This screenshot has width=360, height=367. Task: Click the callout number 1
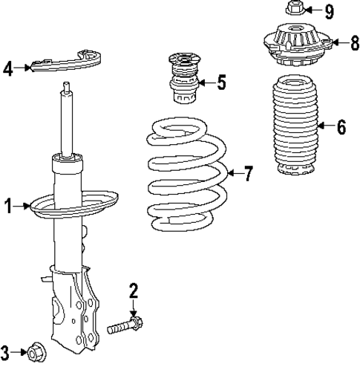(x=9, y=206)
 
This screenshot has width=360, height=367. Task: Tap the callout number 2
(x=134, y=290)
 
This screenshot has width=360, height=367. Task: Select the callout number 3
(x=6, y=351)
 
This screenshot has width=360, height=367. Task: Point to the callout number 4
(x=8, y=70)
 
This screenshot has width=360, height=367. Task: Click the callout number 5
(x=220, y=82)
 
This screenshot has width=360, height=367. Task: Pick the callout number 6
(x=341, y=127)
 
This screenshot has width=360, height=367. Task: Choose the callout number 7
(x=248, y=175)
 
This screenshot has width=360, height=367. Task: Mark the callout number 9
(x=329, y=11)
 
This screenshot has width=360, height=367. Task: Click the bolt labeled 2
(x=126, y=325)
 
